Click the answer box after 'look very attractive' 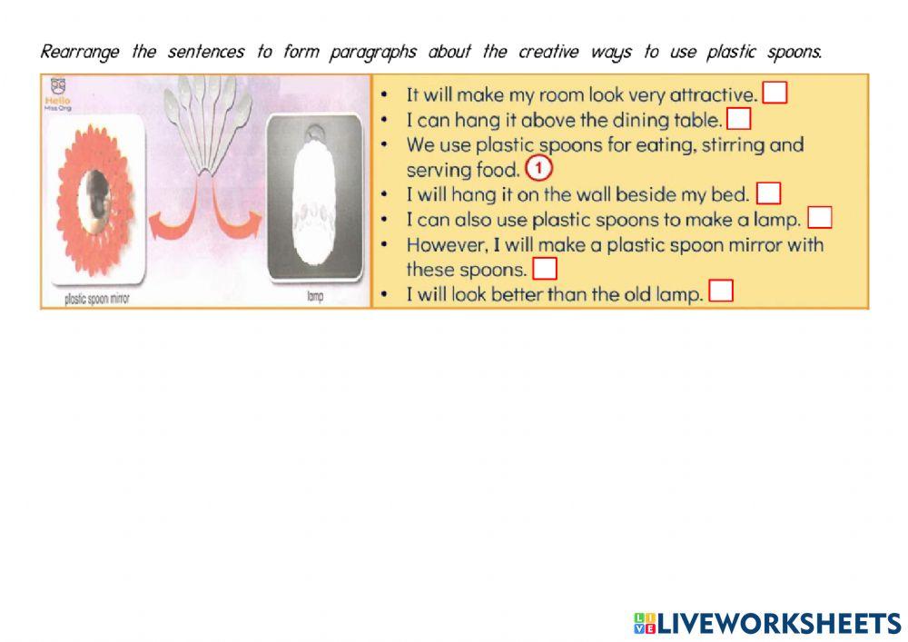775,94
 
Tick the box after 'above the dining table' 739,119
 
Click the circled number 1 538,169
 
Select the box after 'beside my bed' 769,193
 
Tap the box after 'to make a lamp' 819,218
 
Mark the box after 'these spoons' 545,269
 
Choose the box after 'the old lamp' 721,292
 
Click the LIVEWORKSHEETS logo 766,623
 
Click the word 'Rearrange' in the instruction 80,52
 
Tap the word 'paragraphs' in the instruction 372,52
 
